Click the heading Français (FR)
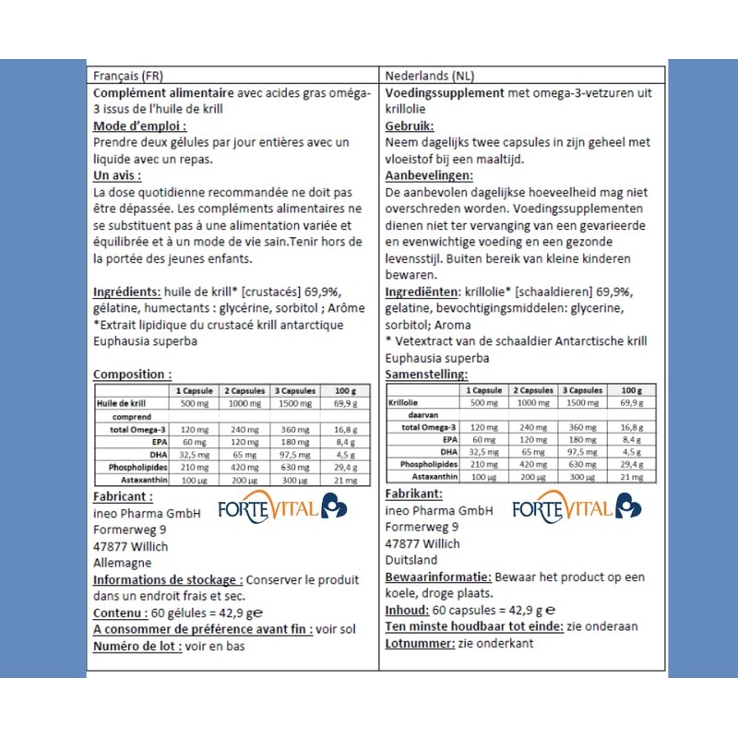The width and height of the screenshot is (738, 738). coord(129,76)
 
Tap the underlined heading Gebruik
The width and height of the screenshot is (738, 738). coord(410,126)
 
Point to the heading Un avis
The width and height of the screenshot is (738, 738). coord(117,175)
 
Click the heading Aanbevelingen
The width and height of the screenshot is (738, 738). coord(429,175)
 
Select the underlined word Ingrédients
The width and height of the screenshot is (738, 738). coord(128,292)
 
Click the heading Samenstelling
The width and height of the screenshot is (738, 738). coord(425,375)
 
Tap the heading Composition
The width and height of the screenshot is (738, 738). coord(131,375)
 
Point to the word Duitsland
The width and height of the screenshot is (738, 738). coord(411,560)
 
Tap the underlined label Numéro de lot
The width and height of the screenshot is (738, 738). coord(136,646)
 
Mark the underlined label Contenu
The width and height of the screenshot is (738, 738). coord(121,613)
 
